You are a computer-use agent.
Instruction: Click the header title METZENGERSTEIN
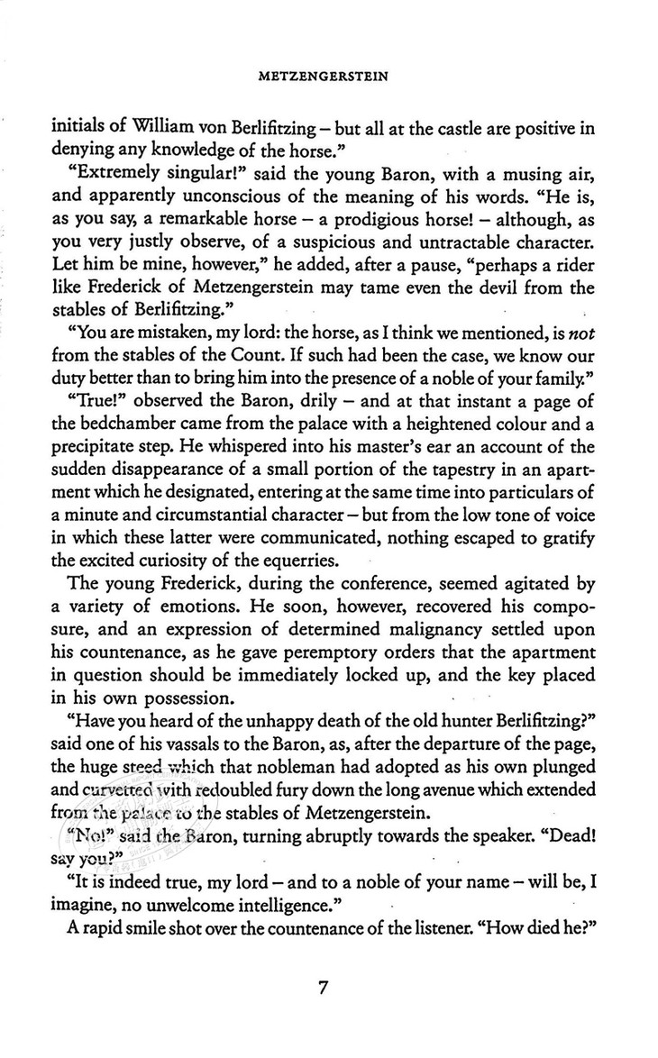coord(328,78)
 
